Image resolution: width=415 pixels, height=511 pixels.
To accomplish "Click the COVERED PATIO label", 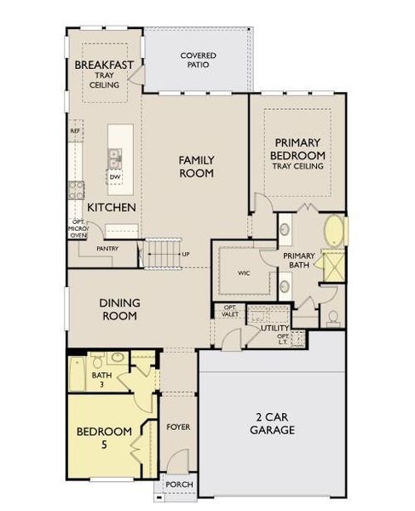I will (x=198, y=60).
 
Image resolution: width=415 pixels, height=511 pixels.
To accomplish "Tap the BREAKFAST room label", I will (x=104, y=66).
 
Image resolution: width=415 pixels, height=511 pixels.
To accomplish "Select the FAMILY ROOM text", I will (x=195, y=166).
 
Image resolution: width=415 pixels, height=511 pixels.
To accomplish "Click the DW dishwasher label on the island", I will (x=114, y=176).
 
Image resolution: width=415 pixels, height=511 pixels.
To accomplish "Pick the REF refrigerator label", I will (x=75, y=132).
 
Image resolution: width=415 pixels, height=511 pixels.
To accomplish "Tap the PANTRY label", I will (x=107, y=249).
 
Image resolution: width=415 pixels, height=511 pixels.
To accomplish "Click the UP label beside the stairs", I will (x=186, y=254).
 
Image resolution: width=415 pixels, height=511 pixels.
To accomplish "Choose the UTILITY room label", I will (x=275, y=327).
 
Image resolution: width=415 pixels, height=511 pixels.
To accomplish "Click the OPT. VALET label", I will (x=230, y=311).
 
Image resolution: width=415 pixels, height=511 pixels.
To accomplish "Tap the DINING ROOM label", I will (x=119, y=308).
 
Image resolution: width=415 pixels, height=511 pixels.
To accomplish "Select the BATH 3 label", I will (x=102, y=379).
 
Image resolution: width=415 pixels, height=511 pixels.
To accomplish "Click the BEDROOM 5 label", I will (x=103, y=437).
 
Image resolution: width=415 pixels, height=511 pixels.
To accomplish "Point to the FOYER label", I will (x=178, y=426).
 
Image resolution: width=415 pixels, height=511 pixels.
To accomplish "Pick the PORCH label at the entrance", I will (x=179, y=485).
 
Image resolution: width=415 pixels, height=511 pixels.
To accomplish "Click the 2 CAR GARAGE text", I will (x=273, y=423).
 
